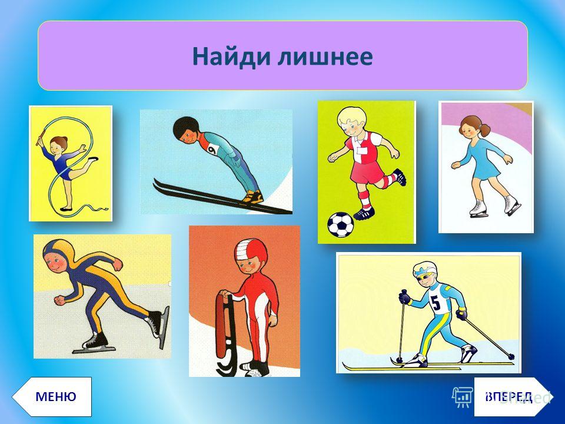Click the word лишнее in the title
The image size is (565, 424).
pyautogui.click(x=325, y=57)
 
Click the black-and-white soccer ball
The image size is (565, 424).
pyautogui.click(x=341, y=224)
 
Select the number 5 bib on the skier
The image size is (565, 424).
pyautogui.click(x=437, y=301)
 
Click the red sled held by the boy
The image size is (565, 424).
pyautogui.click(x=225, y=333)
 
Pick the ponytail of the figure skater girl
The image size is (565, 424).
pyautogui.click(x=486, y=130)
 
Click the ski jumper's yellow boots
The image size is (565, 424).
pyautogui.click(x=253, y=197)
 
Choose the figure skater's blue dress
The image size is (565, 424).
pyautogui.click(x=484, y=158)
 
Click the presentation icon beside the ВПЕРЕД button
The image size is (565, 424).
pyautogui.click(x=463, y=397)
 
